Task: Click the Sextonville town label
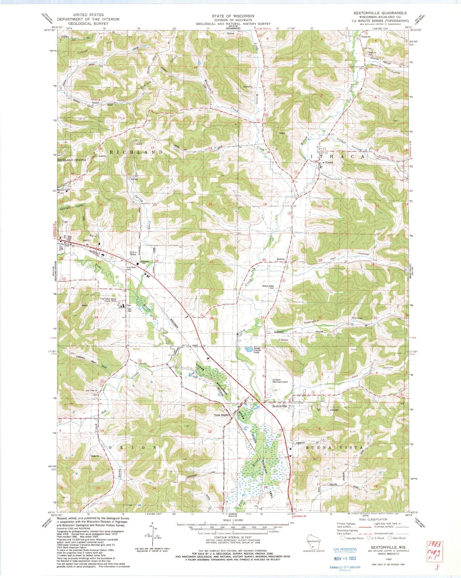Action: pos(279,406)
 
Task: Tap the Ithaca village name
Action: pos(329,162)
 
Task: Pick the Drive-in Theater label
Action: pos(135,253)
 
